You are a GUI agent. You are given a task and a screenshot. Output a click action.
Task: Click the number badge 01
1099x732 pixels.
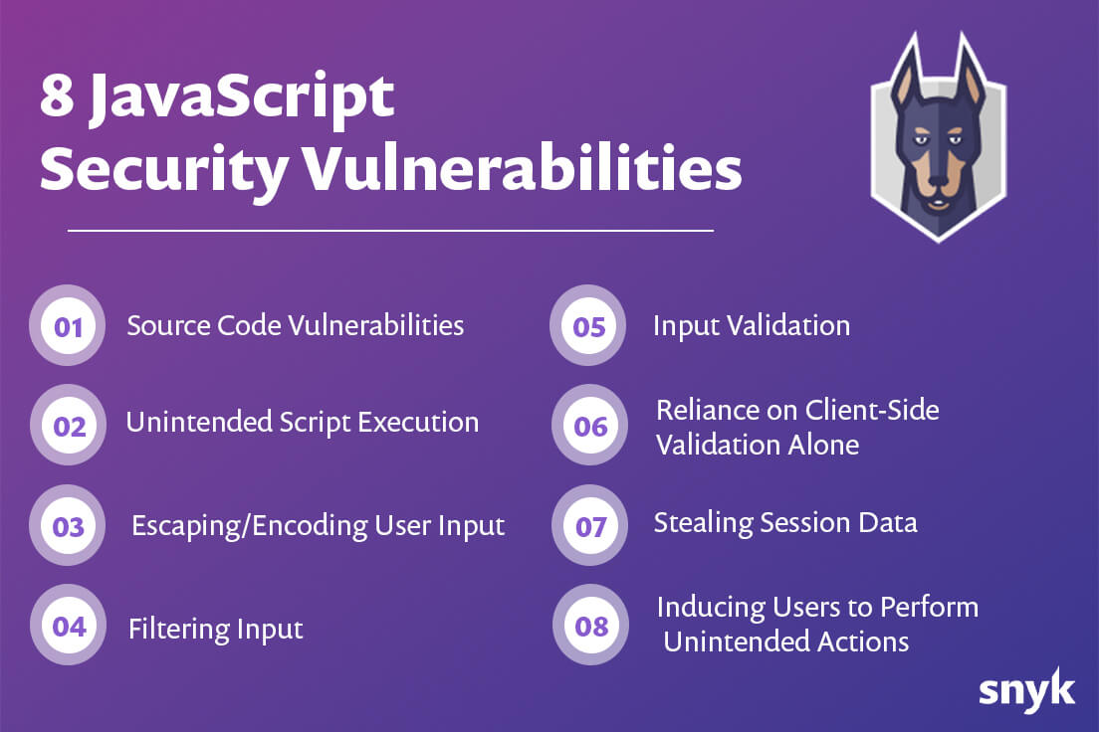[68, 326]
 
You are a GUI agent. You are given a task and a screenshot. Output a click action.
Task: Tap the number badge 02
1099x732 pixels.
[68, 426]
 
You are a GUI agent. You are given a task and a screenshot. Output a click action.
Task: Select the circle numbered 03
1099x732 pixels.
[68, 525]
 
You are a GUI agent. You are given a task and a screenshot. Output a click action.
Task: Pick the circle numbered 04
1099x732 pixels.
[68, 625]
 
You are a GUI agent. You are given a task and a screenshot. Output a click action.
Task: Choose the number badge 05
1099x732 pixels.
[588, 326]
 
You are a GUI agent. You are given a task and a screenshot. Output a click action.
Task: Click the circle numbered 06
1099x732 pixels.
[589, 426]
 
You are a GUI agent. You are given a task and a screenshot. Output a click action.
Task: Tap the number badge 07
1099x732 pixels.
[589, 525]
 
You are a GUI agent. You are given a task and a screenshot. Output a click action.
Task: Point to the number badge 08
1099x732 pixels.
[591, 625]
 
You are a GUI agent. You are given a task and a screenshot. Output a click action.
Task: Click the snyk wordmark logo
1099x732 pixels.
[1026, 690]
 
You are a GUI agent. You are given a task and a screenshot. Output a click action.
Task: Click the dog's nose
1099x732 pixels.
[939, 185]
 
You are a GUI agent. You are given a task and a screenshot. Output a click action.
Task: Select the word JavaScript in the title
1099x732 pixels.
[242, 99]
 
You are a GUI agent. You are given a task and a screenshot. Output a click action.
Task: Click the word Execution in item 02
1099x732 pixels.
[418, 423]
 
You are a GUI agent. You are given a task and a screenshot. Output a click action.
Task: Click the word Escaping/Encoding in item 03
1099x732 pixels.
[250, 526]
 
